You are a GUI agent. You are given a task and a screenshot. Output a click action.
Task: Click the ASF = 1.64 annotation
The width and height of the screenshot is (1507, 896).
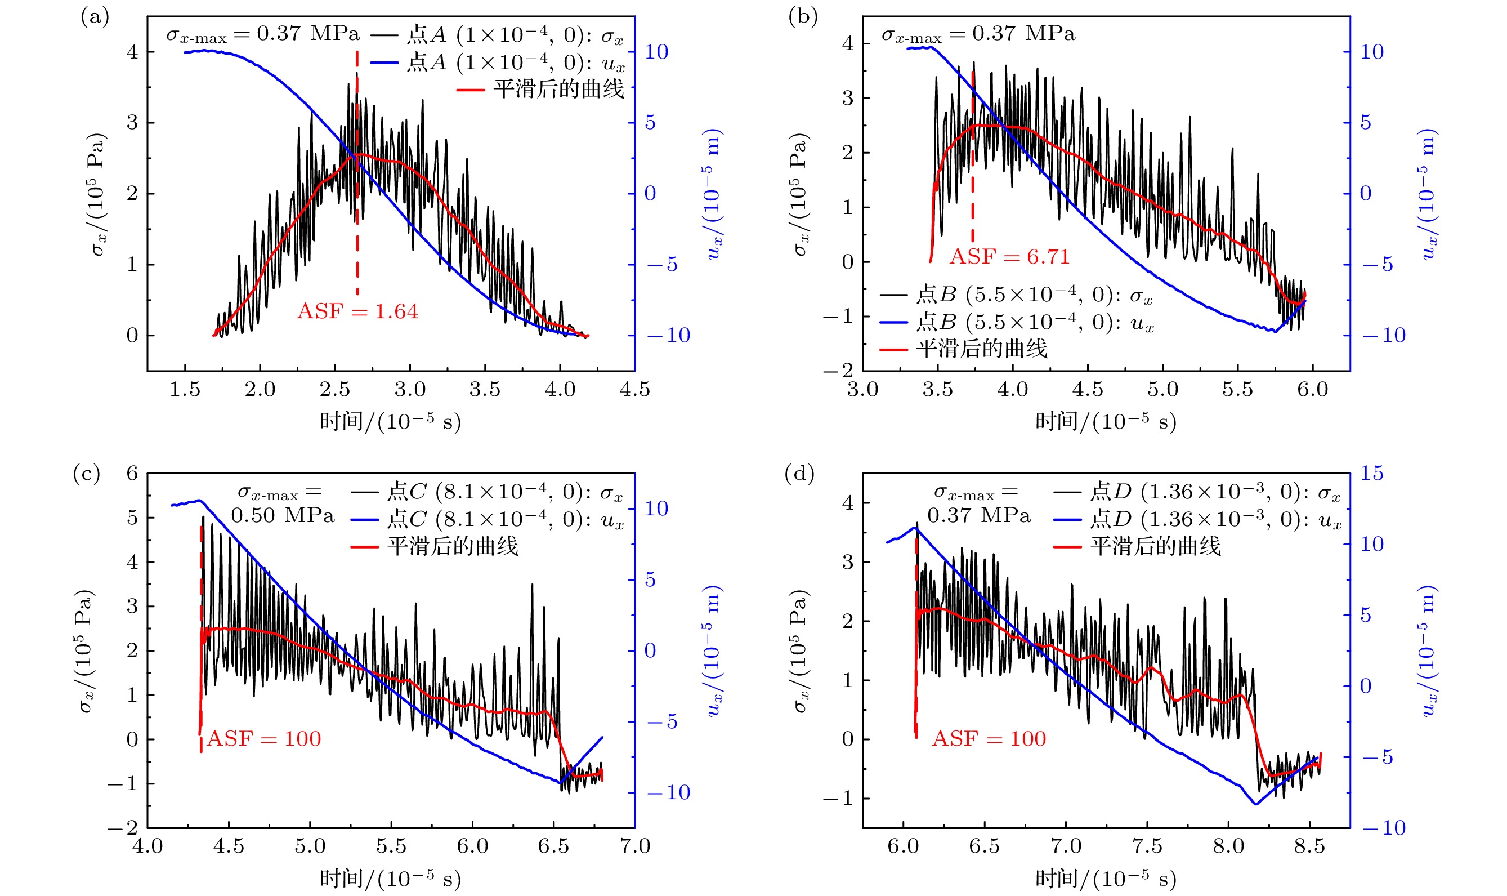357,311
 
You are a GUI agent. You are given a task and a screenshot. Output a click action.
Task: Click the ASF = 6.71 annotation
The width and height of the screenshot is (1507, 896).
1009,257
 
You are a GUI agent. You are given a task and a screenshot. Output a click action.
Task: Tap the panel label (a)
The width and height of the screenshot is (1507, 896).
95,17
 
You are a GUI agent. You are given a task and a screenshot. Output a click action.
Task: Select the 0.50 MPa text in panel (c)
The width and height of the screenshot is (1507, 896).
283,515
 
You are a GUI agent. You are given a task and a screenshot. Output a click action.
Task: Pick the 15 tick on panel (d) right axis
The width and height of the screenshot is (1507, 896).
1371,474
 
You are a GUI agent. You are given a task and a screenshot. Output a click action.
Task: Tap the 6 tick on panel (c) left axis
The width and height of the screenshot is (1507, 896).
132,474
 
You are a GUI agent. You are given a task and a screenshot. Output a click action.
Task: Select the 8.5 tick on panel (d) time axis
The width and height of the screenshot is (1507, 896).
1309,846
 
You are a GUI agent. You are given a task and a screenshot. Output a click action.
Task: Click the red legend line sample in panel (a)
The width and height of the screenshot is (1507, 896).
471,90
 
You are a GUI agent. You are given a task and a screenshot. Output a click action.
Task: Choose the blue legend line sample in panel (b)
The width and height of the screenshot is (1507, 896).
894,323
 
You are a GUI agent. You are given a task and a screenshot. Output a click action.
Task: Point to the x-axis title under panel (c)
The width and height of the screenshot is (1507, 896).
390,879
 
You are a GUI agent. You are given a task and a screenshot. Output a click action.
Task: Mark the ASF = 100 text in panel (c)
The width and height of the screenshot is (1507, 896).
264,739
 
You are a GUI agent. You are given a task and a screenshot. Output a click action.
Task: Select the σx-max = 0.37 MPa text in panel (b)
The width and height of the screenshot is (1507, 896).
978,34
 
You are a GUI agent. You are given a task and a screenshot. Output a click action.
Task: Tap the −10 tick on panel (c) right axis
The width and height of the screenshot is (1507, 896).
668,792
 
